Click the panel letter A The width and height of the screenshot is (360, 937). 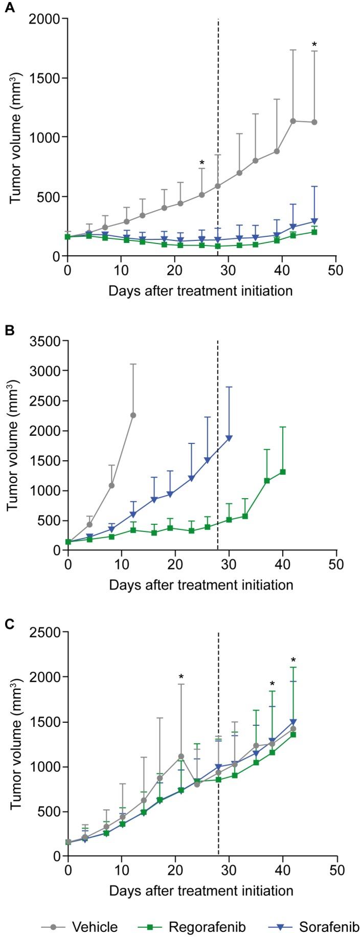coord(9,8)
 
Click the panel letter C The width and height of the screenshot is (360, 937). coord(9,622)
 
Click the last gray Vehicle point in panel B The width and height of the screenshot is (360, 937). coord(133,415)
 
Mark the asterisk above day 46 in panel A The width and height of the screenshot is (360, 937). coord(314,45)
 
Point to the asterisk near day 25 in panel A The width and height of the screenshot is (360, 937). coord(202,163)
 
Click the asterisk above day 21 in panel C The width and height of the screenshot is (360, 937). coord(181,678)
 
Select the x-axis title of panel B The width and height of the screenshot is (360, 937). coord(200,584)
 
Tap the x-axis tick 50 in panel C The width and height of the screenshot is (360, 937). coord(336,869)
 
